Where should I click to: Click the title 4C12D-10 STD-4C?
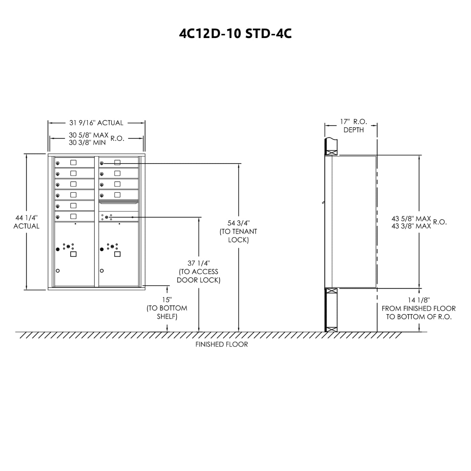(x=235, y=34)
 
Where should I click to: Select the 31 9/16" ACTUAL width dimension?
(x=96, y=123)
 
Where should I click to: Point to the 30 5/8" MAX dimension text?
(x=88, y=135)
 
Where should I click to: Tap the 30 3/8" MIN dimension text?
(x=87, y=143)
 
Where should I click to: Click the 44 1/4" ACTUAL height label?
(x=26, y=222)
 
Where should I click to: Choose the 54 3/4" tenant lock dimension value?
(x=238, y=223)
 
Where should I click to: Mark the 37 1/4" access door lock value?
(x=198, y=263)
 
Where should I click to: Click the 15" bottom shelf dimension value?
(x=167, y=299)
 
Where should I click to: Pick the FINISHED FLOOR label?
(x=221, y=345)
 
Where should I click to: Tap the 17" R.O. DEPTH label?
(x=354, y=125)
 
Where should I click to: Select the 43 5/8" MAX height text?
(x=411, y=219)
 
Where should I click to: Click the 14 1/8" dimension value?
(x=419, y=300)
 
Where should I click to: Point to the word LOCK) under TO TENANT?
(x=238, y=240)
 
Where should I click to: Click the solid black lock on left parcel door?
(x=58, y=249)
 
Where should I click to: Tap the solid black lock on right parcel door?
(x=102, y=249)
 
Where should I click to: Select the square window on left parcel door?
(x=73, y=254)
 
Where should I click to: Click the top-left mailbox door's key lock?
(x=58, y=164)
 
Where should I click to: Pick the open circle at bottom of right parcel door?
(x=102, y=271)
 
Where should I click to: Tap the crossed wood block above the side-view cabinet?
(x=331, y=152)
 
